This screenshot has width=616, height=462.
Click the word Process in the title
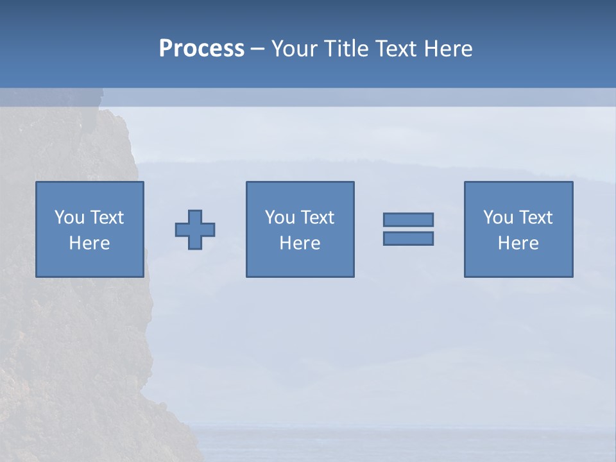201,49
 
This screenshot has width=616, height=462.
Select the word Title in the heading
347,49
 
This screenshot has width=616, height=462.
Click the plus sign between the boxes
195,230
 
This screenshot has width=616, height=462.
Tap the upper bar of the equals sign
408,219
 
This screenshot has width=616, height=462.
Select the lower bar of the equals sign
408,238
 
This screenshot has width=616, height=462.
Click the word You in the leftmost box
69,218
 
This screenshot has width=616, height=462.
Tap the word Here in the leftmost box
90,243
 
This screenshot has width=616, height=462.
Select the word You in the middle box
280,218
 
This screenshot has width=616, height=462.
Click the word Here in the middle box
300,243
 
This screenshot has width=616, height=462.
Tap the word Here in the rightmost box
518,243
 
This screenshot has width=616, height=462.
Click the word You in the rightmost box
498,218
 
